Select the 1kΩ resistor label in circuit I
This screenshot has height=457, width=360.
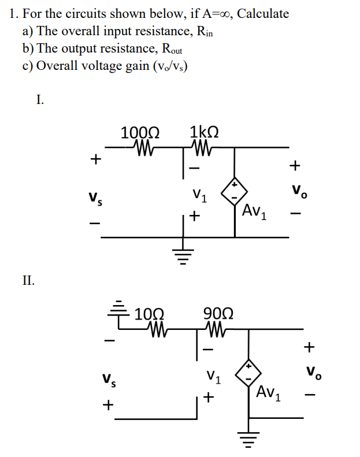(204, 131)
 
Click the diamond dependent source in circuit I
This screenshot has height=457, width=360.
(235, 191)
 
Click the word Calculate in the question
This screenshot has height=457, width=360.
(263, 14)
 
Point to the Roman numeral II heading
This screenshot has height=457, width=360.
(28, 281)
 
